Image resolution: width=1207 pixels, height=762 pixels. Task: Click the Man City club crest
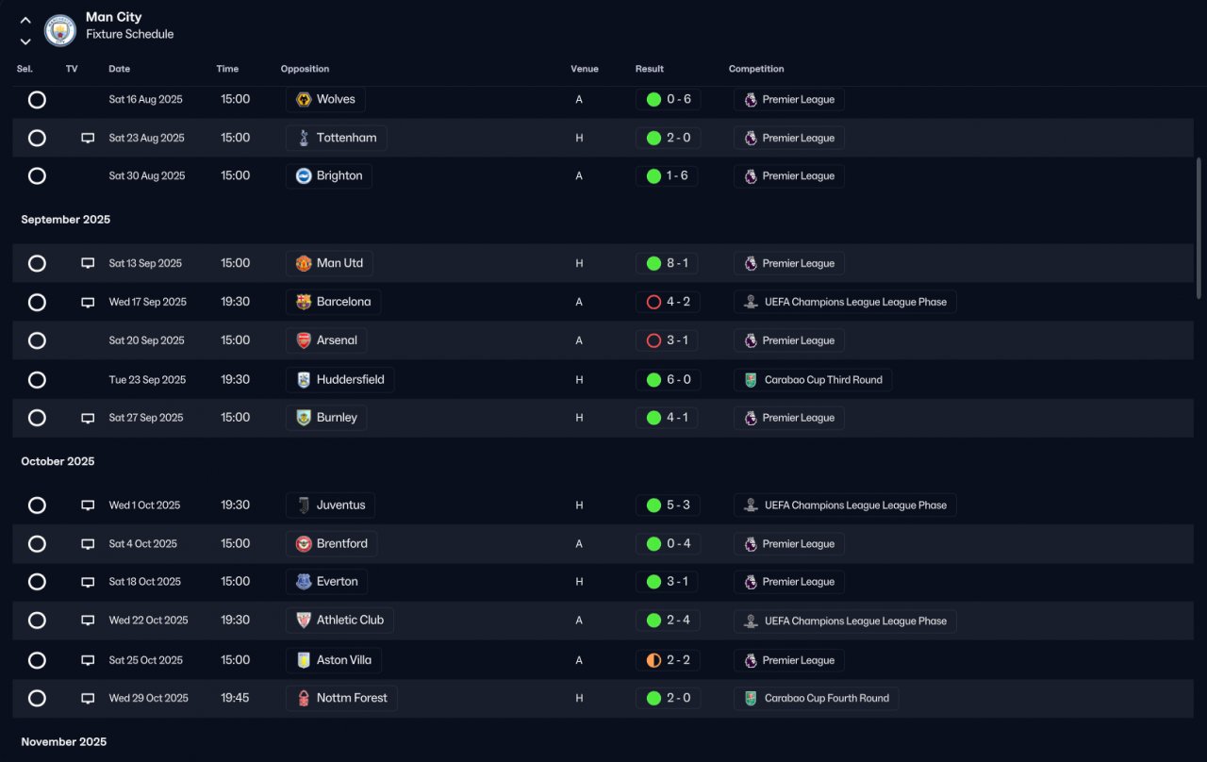[x=59, y=30]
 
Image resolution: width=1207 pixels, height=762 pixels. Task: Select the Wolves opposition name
[x=336, y=99]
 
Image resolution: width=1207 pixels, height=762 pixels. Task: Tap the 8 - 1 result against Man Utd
[x=677, y=263]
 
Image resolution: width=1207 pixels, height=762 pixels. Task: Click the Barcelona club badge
[x=304, y=302]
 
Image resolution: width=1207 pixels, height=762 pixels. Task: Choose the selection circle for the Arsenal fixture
[x=37, y=340]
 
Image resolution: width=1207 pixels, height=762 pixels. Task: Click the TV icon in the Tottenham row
[x=88, y=138]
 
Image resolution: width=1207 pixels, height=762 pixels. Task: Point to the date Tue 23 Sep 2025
[x=147, y=379]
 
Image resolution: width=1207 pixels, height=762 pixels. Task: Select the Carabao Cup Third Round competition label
[x=823, y=379]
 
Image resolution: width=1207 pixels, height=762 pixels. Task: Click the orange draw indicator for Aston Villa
[x=653, y=660]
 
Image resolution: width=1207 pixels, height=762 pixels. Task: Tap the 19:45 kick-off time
[x=235, y=698]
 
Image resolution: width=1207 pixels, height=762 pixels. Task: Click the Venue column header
[x=585, y=69]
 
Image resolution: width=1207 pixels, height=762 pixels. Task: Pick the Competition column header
[x=756, y=69]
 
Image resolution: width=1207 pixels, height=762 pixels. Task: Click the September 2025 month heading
[x=66, y=220]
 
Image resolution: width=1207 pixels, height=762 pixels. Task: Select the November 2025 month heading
[x=63, y=741]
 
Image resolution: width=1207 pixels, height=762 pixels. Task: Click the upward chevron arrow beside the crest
[x=25, y=21]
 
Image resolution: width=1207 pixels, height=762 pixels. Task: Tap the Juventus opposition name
[x=340, y=505]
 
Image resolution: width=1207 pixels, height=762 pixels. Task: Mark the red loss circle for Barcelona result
[x=653, y=302]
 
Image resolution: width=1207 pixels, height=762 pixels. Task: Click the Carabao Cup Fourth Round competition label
[x=827, y=698]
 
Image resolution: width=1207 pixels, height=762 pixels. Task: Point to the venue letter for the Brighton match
[x=579, y=175]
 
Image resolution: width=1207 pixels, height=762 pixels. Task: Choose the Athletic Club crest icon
[x=304, y=621]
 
